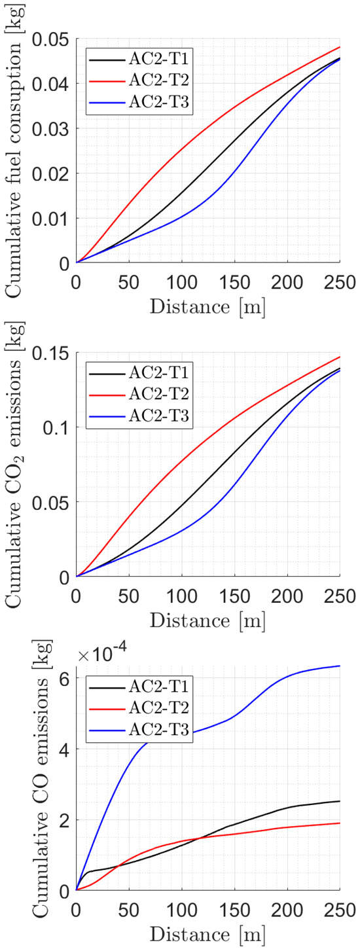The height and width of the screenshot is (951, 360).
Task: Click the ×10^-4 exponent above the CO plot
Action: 103,656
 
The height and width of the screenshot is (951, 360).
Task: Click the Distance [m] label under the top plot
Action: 207,308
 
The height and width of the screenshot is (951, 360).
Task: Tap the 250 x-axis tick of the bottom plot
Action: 339,910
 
